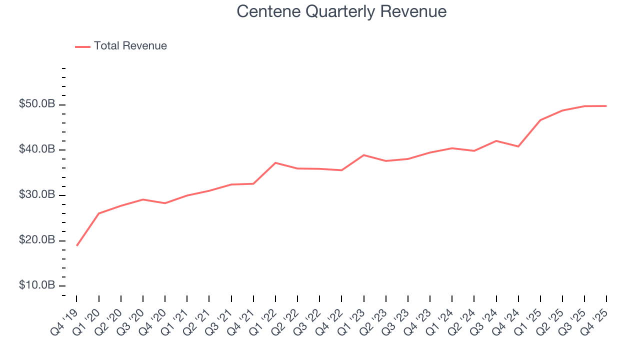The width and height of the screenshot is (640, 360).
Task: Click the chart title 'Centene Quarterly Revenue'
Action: click(x=341, y=11)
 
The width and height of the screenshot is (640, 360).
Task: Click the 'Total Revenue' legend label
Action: click(x=130, y=46)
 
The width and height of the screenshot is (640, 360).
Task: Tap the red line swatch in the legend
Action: click(x=82, y=46)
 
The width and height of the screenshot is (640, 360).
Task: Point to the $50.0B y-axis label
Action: click(x=37, y=104)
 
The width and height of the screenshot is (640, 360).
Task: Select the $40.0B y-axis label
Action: click(x=37, y=150)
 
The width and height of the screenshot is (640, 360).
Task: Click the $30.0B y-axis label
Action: click(x=37, y=195)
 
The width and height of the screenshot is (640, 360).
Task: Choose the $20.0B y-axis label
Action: click(x=37, y=240)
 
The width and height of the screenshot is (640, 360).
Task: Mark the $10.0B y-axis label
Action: click(x=37, y=285)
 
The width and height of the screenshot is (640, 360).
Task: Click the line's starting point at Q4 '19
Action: click(x=76, y=245)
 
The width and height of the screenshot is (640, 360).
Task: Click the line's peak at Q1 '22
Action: click(x=275, y=162)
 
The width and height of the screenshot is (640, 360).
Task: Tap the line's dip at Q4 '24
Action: click(x=518, y=146)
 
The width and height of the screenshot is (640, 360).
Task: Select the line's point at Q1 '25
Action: click(x=540, y=120)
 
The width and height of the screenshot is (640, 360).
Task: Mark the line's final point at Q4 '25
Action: click(x=606, y=106)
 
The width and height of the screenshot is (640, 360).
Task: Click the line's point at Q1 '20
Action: click(x=98, y=213)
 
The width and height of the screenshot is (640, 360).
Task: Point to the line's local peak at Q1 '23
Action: click(x=364, y=155)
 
